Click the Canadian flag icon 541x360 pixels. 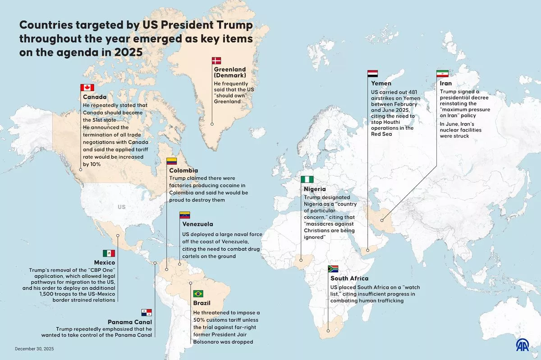[87, 88]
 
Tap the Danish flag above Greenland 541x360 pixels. [217, 61]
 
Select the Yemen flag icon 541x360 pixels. [373, 73]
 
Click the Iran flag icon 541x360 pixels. [442, 73]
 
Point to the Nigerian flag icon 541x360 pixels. [307, 179]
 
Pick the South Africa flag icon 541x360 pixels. [333, 269]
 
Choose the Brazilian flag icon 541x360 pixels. [198, 294]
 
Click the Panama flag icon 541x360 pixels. [147, 312]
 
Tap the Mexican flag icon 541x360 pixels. [109, 253]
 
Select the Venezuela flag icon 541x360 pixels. [185, 215]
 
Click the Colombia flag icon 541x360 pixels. [172, 161]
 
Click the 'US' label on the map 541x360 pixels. [122, 207]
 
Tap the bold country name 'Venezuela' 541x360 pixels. [197, 224]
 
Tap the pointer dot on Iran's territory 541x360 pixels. [382, 221]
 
